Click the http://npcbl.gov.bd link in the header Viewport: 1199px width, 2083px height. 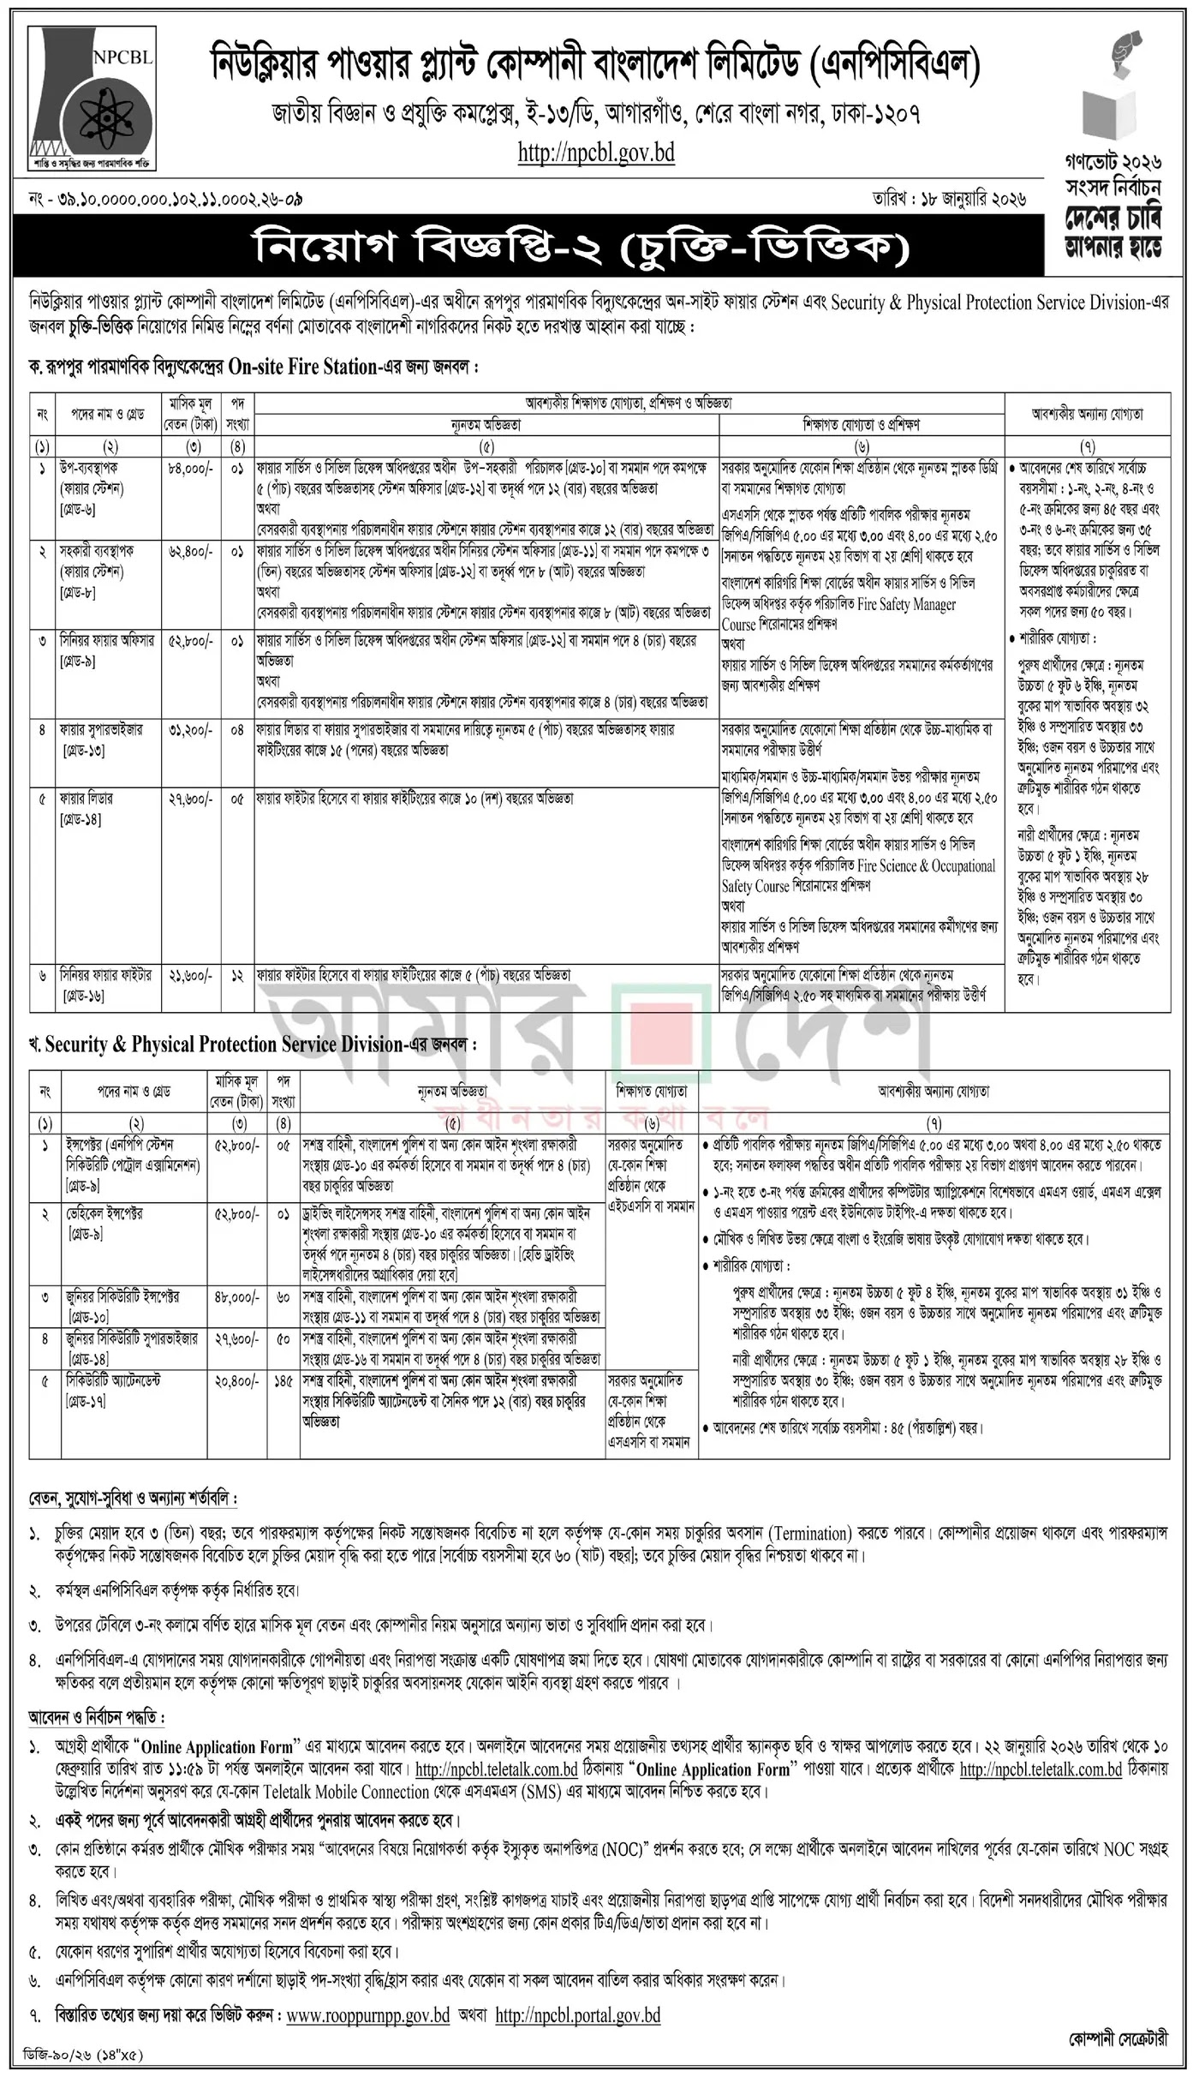click(x=596, y=153)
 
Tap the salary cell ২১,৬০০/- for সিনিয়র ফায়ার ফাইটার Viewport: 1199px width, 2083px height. click(x=185, y=976)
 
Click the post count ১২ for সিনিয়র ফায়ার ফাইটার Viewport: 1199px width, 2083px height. click(x=236, y=976)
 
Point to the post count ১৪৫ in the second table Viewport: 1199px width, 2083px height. click(x=283, y=1381)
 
